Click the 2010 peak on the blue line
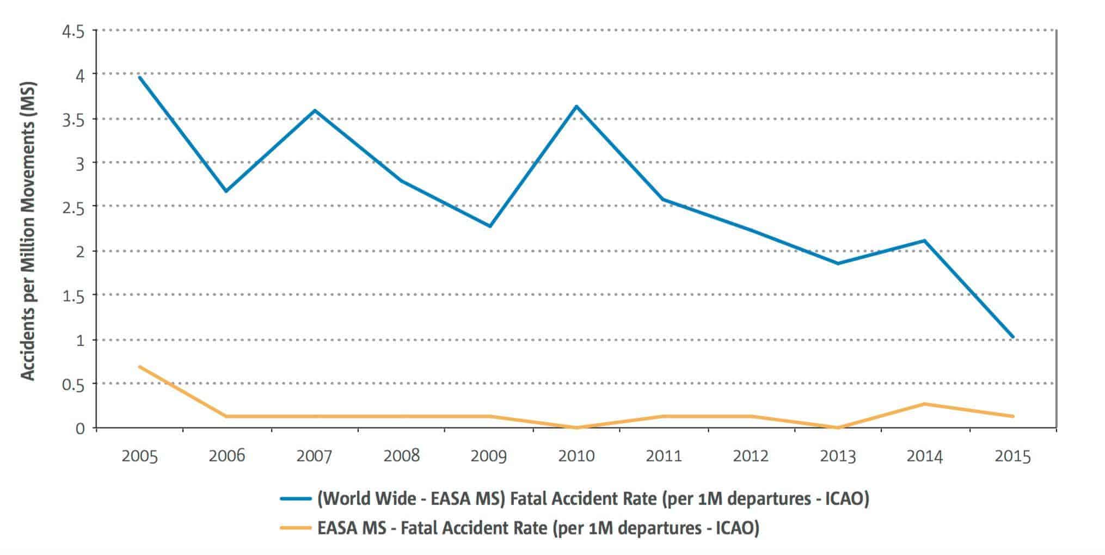pos(576,106)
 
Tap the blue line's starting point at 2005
pos(140,77)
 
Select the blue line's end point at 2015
pos(1013,337)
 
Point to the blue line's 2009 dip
pos(489,226)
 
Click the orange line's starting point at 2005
pos(140,367)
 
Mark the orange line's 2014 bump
pos(924,404)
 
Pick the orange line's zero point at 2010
pos(576,428)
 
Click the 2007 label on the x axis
pos(314,455)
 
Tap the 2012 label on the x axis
pos(751,455)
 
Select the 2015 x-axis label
pos(1012,455)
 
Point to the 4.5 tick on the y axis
pos(73,32)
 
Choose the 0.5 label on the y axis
pos(73,385)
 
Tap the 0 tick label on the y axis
pos(80,429)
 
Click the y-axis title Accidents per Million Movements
pos(28,231)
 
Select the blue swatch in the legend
pos(295,498)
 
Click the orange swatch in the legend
pos(295,528)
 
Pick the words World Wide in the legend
pos(367,498)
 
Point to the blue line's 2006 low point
pos(226,191)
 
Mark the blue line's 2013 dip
pos(838,263)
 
